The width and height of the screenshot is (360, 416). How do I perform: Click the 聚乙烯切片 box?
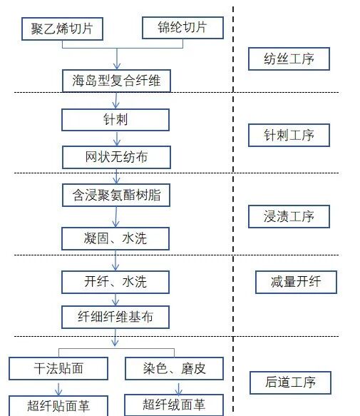coord(62,29)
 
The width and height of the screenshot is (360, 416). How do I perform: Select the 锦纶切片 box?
coord(182,28)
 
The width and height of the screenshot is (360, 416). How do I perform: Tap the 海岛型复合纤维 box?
coord(116,80)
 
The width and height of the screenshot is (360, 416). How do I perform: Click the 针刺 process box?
coord(115,119)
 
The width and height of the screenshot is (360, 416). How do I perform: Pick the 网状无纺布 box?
coord(116,156)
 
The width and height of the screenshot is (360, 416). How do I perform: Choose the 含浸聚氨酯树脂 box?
coord(116,195)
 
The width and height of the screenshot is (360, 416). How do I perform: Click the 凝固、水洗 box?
coord(116,238)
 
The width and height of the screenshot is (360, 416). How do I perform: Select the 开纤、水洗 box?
coord(115,281)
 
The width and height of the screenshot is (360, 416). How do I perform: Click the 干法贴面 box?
coord(58,368)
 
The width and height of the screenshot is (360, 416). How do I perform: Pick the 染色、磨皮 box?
coord(175,368)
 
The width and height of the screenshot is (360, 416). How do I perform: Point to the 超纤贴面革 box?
coord(58,406)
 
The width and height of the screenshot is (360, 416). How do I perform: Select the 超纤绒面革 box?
coord(174,405)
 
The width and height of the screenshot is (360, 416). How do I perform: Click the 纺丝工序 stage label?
coord(289,59)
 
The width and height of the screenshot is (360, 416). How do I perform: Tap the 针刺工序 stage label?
coord(289,135)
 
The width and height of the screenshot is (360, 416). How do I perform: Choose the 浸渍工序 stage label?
coord(289,216)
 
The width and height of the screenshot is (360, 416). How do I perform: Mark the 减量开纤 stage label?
coord(296,282)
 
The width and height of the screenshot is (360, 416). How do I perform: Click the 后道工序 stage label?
coord(289,382)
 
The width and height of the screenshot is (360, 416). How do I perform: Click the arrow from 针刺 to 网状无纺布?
coord(116,138)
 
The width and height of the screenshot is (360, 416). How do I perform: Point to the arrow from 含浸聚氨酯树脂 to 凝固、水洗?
coord(116,216)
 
